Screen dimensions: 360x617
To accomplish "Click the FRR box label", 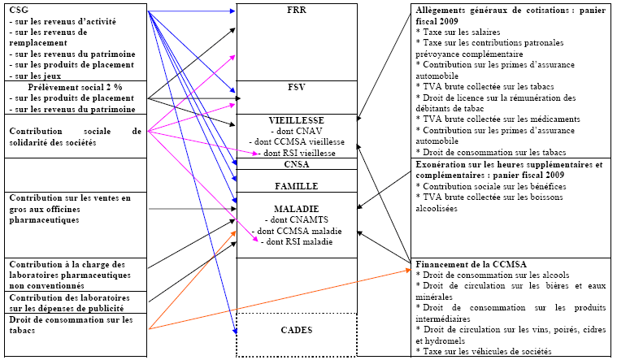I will pos(297,11).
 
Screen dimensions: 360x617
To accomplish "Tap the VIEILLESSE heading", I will pos(297,119).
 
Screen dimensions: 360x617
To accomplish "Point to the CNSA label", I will pos(297,164).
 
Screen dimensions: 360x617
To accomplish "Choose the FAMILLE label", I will pos(297,186).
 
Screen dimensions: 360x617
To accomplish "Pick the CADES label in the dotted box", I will pos(297,330).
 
